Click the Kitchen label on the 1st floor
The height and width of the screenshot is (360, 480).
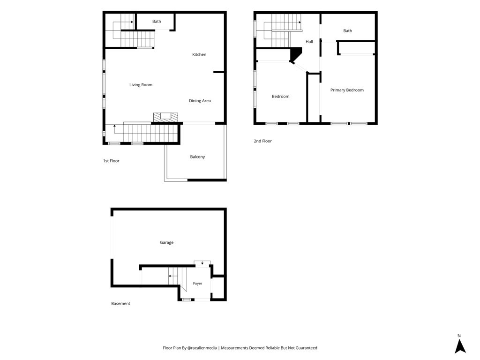click(x=199, y=54)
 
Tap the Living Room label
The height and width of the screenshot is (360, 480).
click(x=141, y=85)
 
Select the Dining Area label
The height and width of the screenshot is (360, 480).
click(x=200, y=101)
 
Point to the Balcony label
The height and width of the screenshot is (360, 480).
click(x=197, y=157)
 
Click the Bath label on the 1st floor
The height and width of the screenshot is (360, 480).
click(x=157, y=22)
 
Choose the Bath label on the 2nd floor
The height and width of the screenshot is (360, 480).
click(x=347, y=30)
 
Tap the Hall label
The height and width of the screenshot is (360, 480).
click(x=309, y=42)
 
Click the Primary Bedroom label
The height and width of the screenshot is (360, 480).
click(x=347, y=90)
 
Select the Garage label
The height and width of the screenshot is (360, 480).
click(x=166, y=242)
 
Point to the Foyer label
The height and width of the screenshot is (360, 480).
click(x=197, y=284)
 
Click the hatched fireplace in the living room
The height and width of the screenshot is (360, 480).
click(x=165, y=117)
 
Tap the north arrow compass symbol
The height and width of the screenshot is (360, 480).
click(x=460, y=346)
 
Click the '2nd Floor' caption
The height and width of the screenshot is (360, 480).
click(x=262, y=141)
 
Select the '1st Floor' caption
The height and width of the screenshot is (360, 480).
click(x=111, y=161)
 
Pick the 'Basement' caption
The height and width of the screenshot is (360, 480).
click(x=120, y=304)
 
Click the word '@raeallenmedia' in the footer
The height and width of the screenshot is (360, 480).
click(x=202, y=348)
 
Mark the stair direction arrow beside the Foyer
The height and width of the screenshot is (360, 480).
click(x=173, y=276)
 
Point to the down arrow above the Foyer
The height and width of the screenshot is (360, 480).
click(x=202, y=262)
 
